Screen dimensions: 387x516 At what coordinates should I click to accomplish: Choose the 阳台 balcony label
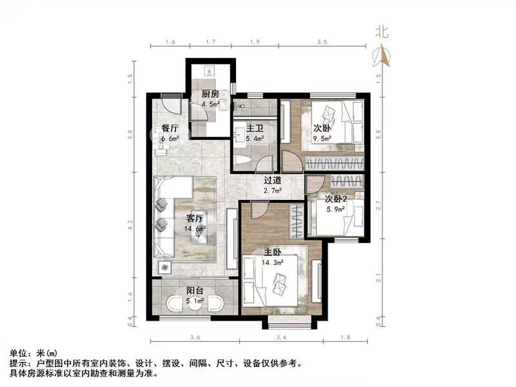click(x=195, y=290)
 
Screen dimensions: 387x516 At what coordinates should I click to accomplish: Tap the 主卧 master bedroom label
click(x=272, y=251)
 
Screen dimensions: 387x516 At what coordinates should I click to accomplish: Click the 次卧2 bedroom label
click(x=336, y=199)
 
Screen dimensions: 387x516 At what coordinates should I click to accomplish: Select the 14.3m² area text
click(x=272, y=261)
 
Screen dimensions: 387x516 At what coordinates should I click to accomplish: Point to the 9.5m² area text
click(x=322, y=137)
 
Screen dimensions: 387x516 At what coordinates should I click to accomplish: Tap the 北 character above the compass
click(x=382, y=31)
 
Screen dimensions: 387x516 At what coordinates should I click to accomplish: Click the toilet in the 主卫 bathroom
click(x=239, y=160)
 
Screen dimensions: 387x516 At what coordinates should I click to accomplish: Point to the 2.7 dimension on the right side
click(x=379, y=206)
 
